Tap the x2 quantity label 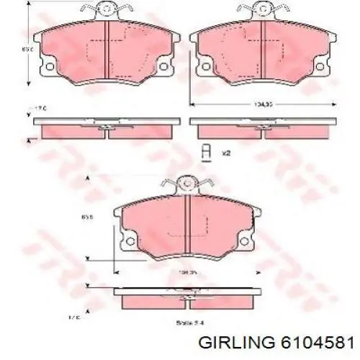pyautogui.click(x=225, y=152)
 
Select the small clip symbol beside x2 pyautogui.click(x=207, y=151)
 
